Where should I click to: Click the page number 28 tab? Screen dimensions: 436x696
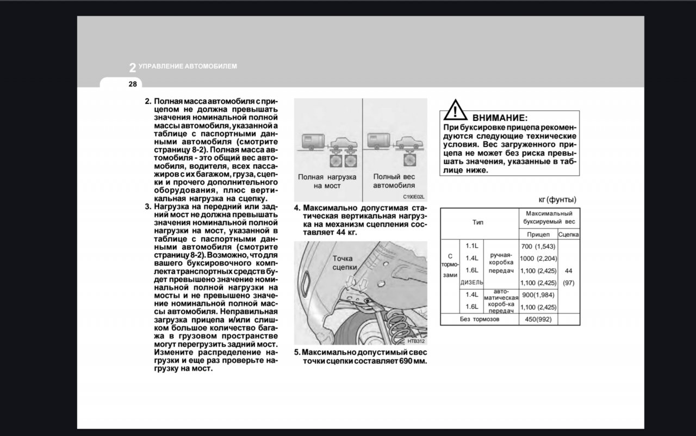[x=133, y=84]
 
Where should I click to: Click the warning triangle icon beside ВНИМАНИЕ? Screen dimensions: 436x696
[x=455, y=110]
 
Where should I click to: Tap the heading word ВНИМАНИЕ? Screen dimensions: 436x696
[x=499, y=118]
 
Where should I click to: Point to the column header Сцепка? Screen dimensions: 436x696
[x=569, y=235]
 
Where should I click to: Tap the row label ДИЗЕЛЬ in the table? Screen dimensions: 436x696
[x=471, y=283]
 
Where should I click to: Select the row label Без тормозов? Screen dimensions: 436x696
[x=479, y=320]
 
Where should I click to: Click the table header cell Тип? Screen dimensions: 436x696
[x=478, y=222]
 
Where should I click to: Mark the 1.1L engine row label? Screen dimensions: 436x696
[x=472, y=246]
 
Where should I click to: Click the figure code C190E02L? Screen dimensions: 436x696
[x=413, y=197]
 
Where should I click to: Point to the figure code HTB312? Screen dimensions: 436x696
[x=415, y=341]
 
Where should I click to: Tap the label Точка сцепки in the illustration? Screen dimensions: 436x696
[x=343, y=263]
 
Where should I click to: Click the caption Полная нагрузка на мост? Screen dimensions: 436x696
[x=327, y=181]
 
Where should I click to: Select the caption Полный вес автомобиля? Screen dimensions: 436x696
[x=394, y=181]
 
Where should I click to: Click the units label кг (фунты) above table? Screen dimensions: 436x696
[x=557, y=200]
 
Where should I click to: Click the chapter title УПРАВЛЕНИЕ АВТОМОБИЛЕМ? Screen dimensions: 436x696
[x=188, y=66]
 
